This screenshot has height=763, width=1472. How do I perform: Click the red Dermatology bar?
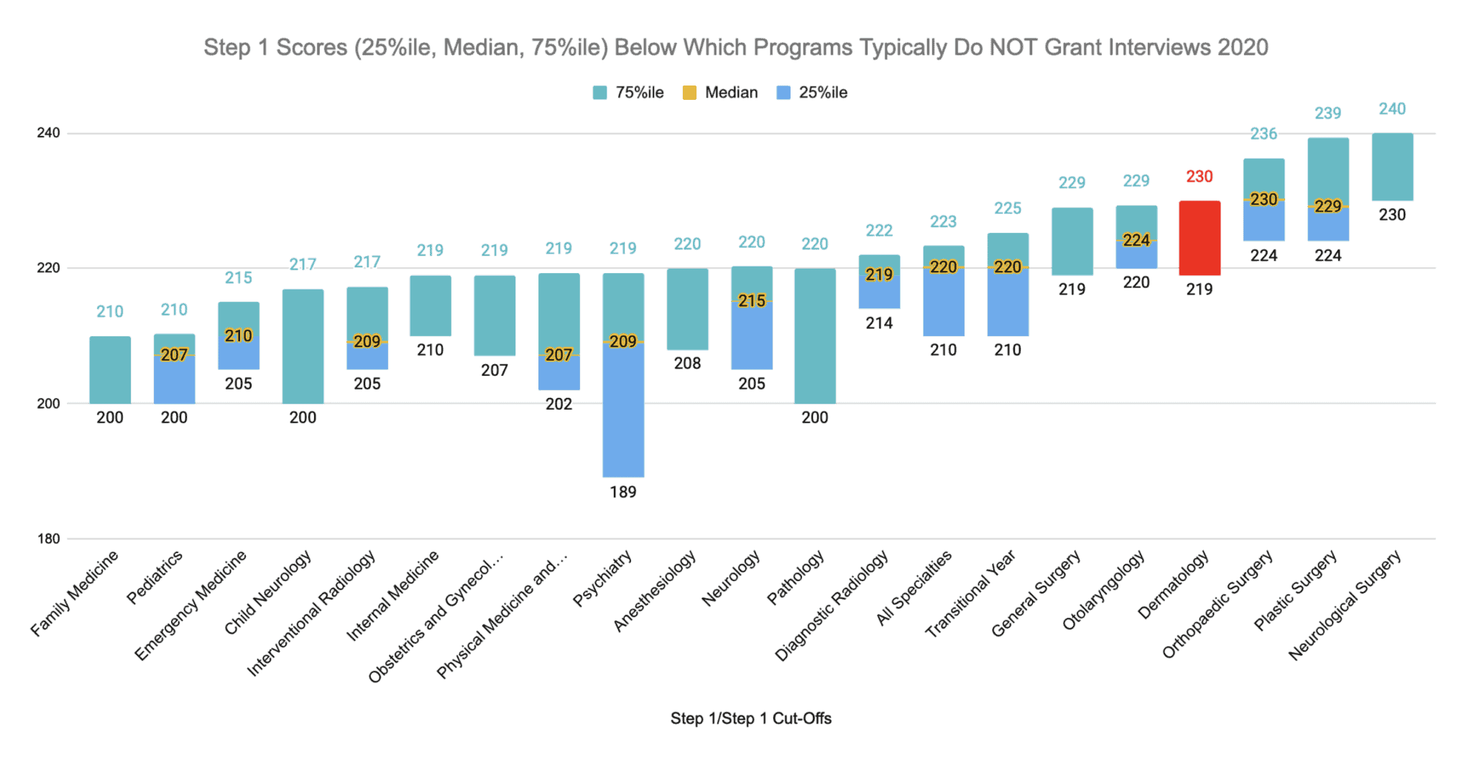[x=1200, y=238]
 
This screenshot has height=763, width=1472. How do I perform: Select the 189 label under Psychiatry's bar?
[x=623, y=492]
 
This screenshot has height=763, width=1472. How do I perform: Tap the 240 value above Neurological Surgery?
[x=1392, y=109]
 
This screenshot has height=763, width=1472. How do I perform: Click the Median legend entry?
[x=731, y=93]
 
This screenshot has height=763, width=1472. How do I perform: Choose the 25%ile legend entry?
[x=823, y=93]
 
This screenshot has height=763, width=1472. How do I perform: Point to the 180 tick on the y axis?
[x=49, y=539]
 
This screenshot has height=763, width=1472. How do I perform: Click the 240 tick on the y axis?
[x=49, y=134]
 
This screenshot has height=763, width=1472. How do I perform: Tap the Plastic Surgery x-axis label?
[x=1296, y=590]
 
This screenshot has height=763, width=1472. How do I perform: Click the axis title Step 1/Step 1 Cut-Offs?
[x=750, y=718]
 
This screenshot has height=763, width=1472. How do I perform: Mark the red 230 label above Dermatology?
[x=1200, y=177]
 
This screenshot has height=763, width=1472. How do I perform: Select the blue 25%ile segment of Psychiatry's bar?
[x=623, y=410]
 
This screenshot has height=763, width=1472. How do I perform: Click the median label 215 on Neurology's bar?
[x=752, y=301]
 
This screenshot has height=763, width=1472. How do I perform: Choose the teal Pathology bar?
[x=815, y=336]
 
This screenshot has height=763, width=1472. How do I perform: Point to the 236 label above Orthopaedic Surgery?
[x=1264, y=134]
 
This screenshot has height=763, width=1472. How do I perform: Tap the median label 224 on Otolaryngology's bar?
[x=1136, y=240]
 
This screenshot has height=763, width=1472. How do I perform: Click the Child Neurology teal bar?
[x=303, y=346]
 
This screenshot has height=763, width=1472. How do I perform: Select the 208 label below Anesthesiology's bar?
[x=687, y=364]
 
